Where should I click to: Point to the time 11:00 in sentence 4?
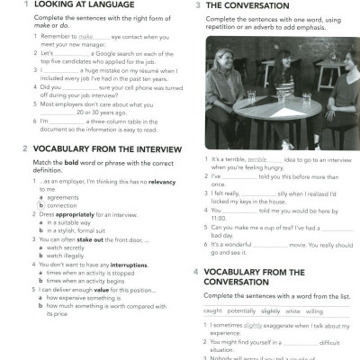point(220,217)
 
